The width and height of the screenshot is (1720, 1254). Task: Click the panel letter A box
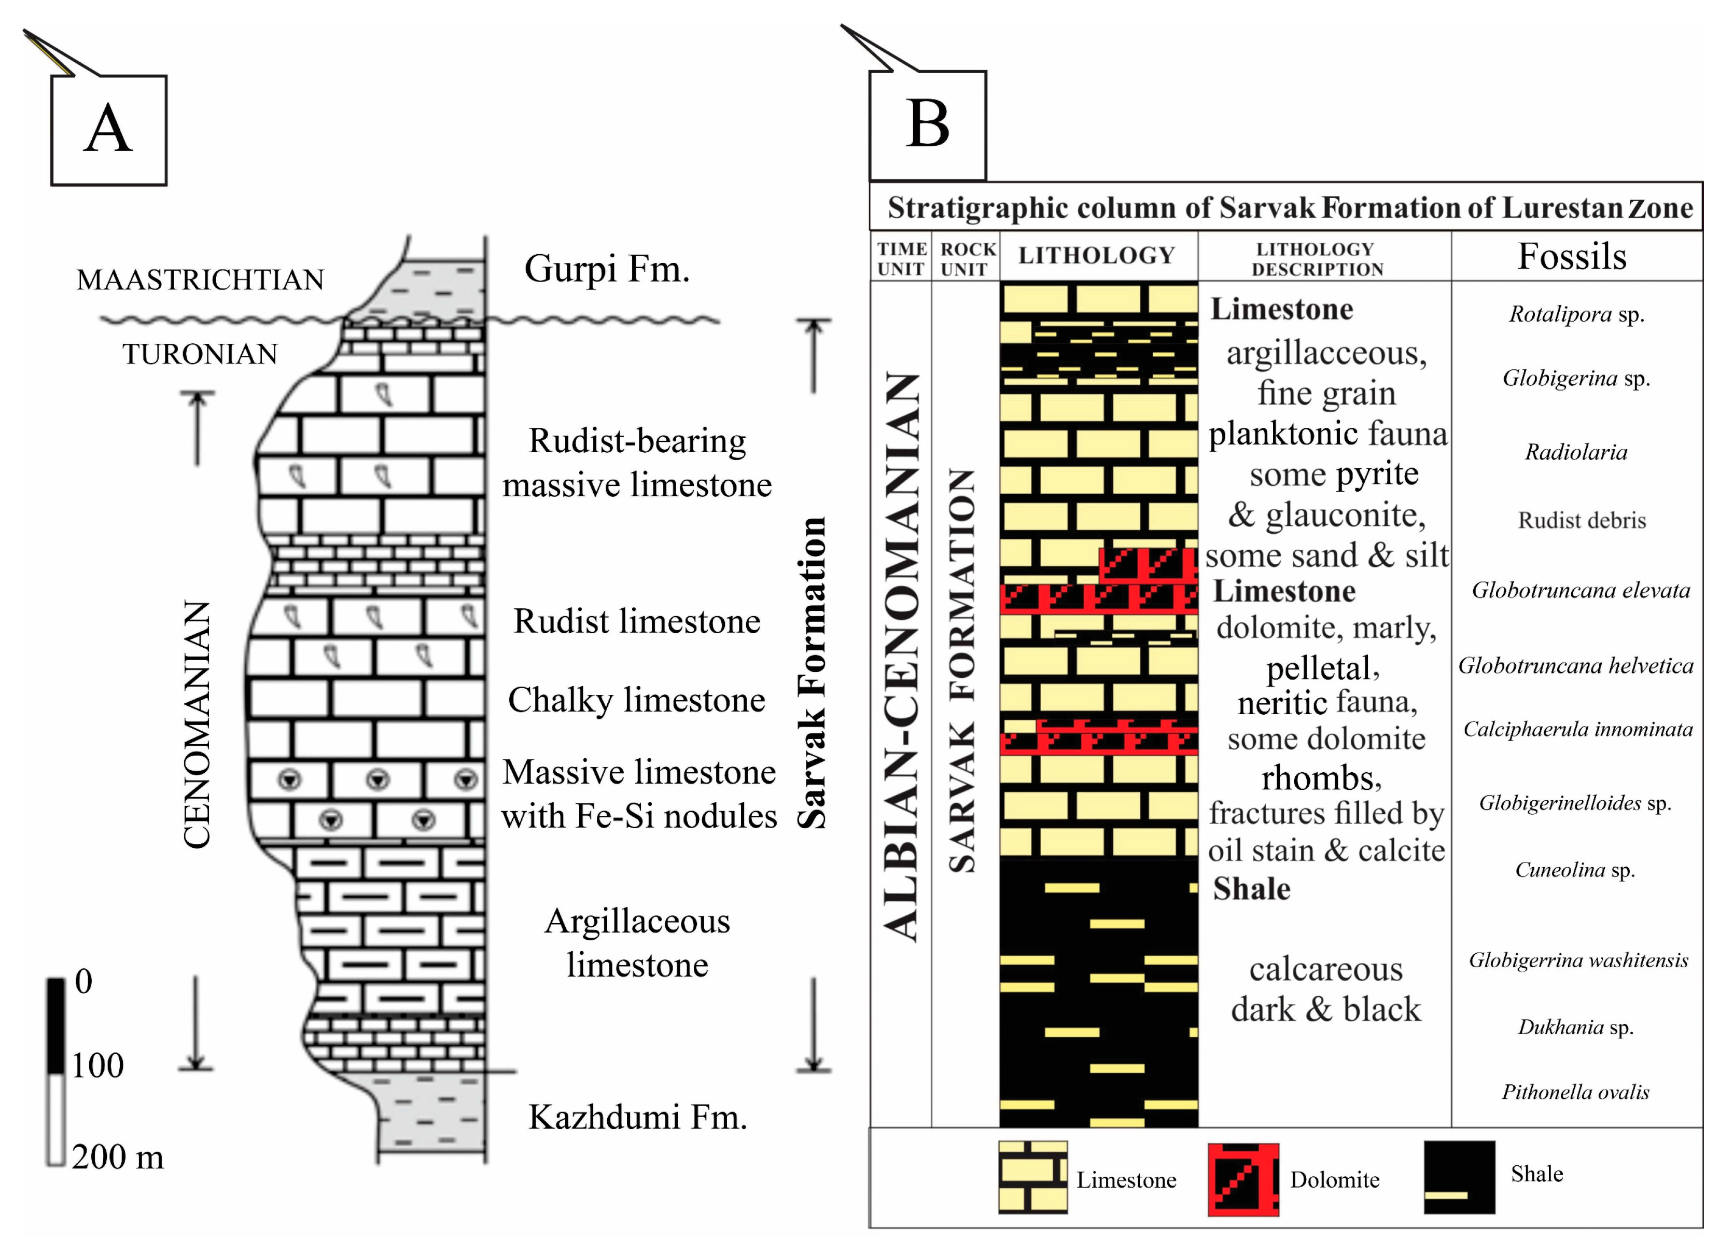(108, 130)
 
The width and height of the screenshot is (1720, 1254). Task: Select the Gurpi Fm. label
(607, 269)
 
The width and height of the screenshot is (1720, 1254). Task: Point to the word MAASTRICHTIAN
(200, 280)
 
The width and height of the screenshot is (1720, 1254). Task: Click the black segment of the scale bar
(56, 1025)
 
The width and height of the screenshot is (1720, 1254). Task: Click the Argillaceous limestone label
(638, 943)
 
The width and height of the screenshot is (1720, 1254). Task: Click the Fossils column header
(1572, 257)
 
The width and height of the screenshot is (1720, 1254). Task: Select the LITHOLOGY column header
(1097, 256)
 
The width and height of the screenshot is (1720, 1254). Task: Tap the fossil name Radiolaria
(1576, 452)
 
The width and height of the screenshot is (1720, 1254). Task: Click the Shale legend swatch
(1459, 1177)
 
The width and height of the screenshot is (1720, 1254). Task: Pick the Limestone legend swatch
(1032, 1177)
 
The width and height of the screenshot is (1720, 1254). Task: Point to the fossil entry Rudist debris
(1582, 521)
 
